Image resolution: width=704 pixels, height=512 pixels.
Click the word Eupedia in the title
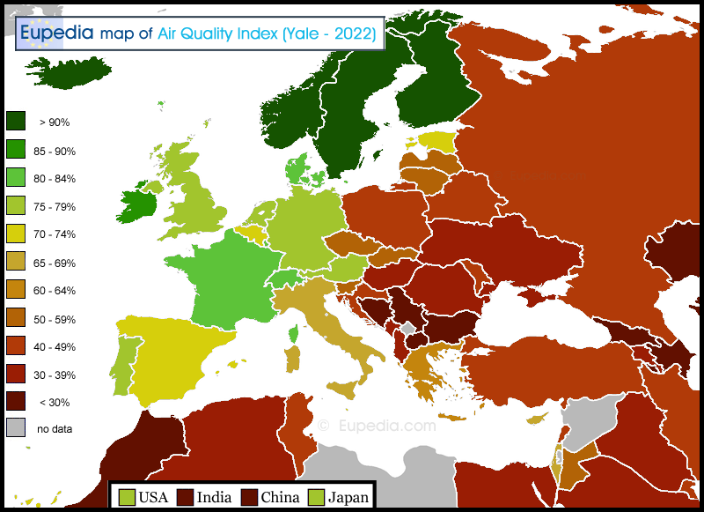pos(57,33)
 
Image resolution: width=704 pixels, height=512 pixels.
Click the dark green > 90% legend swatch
pos(16,122)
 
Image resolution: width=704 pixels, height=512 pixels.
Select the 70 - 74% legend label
pos(55,234)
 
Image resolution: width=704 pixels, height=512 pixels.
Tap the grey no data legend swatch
pos(16,428)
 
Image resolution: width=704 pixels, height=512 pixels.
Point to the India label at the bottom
pos(215,497)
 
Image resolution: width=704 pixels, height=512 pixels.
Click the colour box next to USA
pos(127,497)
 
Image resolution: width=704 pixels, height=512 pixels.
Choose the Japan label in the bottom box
pos(348,497)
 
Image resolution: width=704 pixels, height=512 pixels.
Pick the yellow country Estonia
pos(435,141)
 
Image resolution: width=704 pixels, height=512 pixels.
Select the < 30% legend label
pos(55,403)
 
